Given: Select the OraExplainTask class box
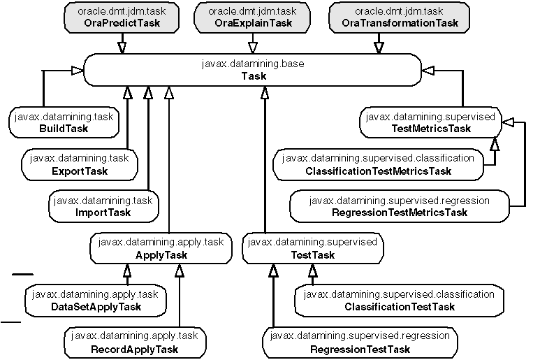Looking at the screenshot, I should (x=252, y=17).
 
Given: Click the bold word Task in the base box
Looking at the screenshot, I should (x=253, y=76).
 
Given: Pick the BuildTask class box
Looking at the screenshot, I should (x=62, y=123).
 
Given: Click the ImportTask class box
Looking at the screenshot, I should (x=102, y=207).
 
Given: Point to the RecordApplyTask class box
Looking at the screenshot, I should (x=133, y=343).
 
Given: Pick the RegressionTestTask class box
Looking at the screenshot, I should (x=360, y=343).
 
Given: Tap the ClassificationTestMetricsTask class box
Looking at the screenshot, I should (x=378, y=164).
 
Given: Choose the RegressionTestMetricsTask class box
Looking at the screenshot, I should (x=399, y=206).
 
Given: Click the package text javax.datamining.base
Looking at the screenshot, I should (x=253, y=64).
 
